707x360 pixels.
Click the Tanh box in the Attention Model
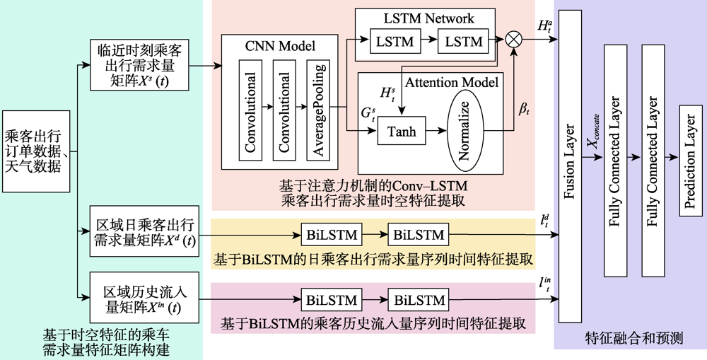pyautogui.click(x=402, y=131)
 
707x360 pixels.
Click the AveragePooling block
pyautogui.click(x=318, y=110)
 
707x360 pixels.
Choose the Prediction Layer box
pyautogui.click(x=690, y=161)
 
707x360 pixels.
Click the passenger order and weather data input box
pyautogui.click(x=36, y=151)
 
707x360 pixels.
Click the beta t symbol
pyautogui.click(x=523, y=109)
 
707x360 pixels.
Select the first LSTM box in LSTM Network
pyautogui.click(x=395, y=42)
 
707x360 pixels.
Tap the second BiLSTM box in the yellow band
pyautogui.click(x=419, y=235)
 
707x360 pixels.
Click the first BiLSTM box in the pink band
pyautogui.click(x=332, y=300)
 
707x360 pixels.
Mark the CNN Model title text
pyautogui.click(x=280, y=46)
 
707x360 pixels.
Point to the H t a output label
pyautogui.click(x=543, y=25)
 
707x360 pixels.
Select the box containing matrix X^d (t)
pyautogui.click(x=144, y=231)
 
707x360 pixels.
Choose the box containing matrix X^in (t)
pyautogui.click(x=144, y=297)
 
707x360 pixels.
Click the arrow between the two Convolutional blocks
pyautogui.click(x=267, y=107)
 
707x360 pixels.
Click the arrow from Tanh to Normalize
pyautogui.click(x=436, y=131)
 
